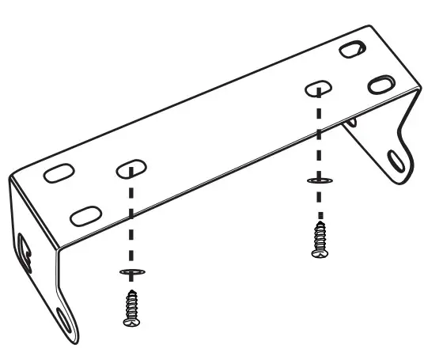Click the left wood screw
[131, 308]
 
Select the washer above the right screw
[318, 181]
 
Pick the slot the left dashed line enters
[132, 169]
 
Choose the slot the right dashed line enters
[318, 87]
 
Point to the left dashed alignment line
[131, 222]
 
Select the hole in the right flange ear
[392, 157]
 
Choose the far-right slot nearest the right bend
[381, 83]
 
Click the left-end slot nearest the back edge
[55, 174]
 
